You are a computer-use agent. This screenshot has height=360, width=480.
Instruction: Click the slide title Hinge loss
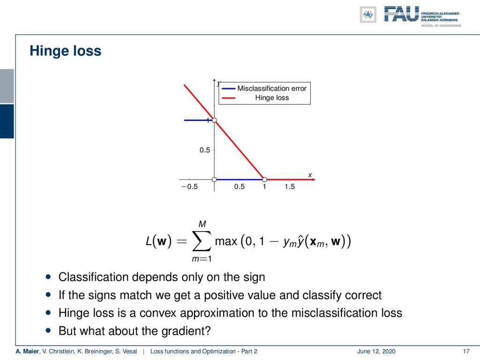point(65,51)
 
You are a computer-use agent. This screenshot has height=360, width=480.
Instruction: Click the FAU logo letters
point(401,14)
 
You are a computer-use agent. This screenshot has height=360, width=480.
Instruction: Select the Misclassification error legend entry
point(264,89)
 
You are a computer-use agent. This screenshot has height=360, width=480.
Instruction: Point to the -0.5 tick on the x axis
point(189,187)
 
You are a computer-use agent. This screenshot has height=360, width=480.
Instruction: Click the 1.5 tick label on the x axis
point(290,187)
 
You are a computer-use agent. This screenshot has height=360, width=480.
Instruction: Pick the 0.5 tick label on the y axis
point(205,150)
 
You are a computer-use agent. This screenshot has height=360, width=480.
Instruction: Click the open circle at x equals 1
point(264,180)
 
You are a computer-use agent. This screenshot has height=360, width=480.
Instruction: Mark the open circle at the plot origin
point(214,180)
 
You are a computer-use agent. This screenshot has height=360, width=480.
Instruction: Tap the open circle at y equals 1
point(214,120)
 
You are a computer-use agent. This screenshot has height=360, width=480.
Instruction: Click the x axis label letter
point(310,175)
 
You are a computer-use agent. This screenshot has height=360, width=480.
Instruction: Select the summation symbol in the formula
point(202,241)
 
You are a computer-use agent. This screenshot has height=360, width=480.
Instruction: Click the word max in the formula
point(226,241)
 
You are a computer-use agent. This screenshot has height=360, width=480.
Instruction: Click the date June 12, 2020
point(376,352)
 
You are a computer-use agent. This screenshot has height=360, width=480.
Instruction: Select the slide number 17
point(466,352)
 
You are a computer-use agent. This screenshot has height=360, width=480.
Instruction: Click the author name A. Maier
point(28,352)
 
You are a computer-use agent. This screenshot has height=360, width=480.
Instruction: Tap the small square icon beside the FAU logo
point(368,15)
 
